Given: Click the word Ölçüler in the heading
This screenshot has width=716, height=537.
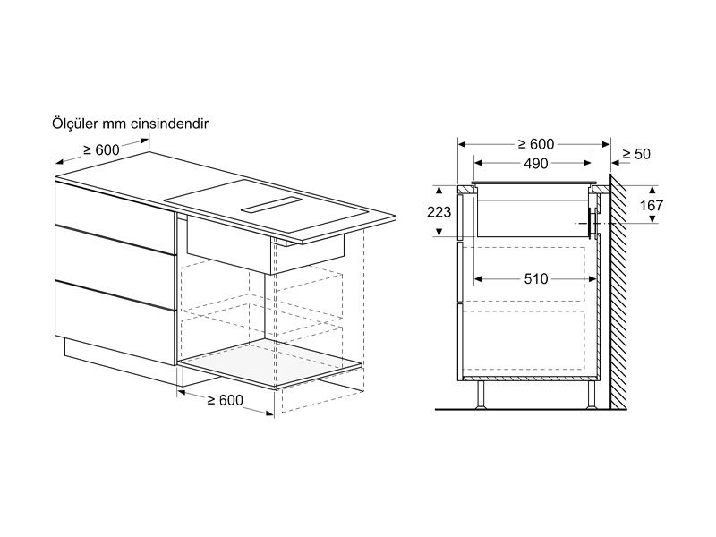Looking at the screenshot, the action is tap(74, 123).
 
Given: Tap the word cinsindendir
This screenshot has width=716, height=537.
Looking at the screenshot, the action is tap(169, 124).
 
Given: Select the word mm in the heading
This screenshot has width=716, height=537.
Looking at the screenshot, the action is tap(114, 124).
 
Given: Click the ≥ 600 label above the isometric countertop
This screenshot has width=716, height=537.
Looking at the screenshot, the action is tap(101, 149).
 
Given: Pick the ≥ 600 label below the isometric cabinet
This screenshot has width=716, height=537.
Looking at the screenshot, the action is tap(226, 400).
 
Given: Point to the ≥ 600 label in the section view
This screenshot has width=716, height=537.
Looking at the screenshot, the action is tap(536, 144).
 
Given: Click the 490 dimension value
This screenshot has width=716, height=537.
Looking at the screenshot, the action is tap(536, 164).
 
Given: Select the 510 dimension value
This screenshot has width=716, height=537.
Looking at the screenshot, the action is tap(536, 279).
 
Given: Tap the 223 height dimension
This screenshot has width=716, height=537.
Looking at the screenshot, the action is tap(439, 212).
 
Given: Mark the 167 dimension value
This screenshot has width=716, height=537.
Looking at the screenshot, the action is tap(652, 206).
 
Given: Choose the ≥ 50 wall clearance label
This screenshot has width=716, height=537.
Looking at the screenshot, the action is tap(635, 154).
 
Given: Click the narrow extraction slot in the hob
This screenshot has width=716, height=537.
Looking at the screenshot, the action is tap(271, 205).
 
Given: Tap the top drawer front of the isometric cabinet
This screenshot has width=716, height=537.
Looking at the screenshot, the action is tap(115, 205).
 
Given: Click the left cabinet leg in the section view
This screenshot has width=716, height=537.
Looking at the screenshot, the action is tap(481, 395).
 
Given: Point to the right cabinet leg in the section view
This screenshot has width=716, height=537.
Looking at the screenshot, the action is tap(591, 395).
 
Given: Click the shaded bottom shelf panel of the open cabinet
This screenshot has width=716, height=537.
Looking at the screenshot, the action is tap(270, 363).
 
